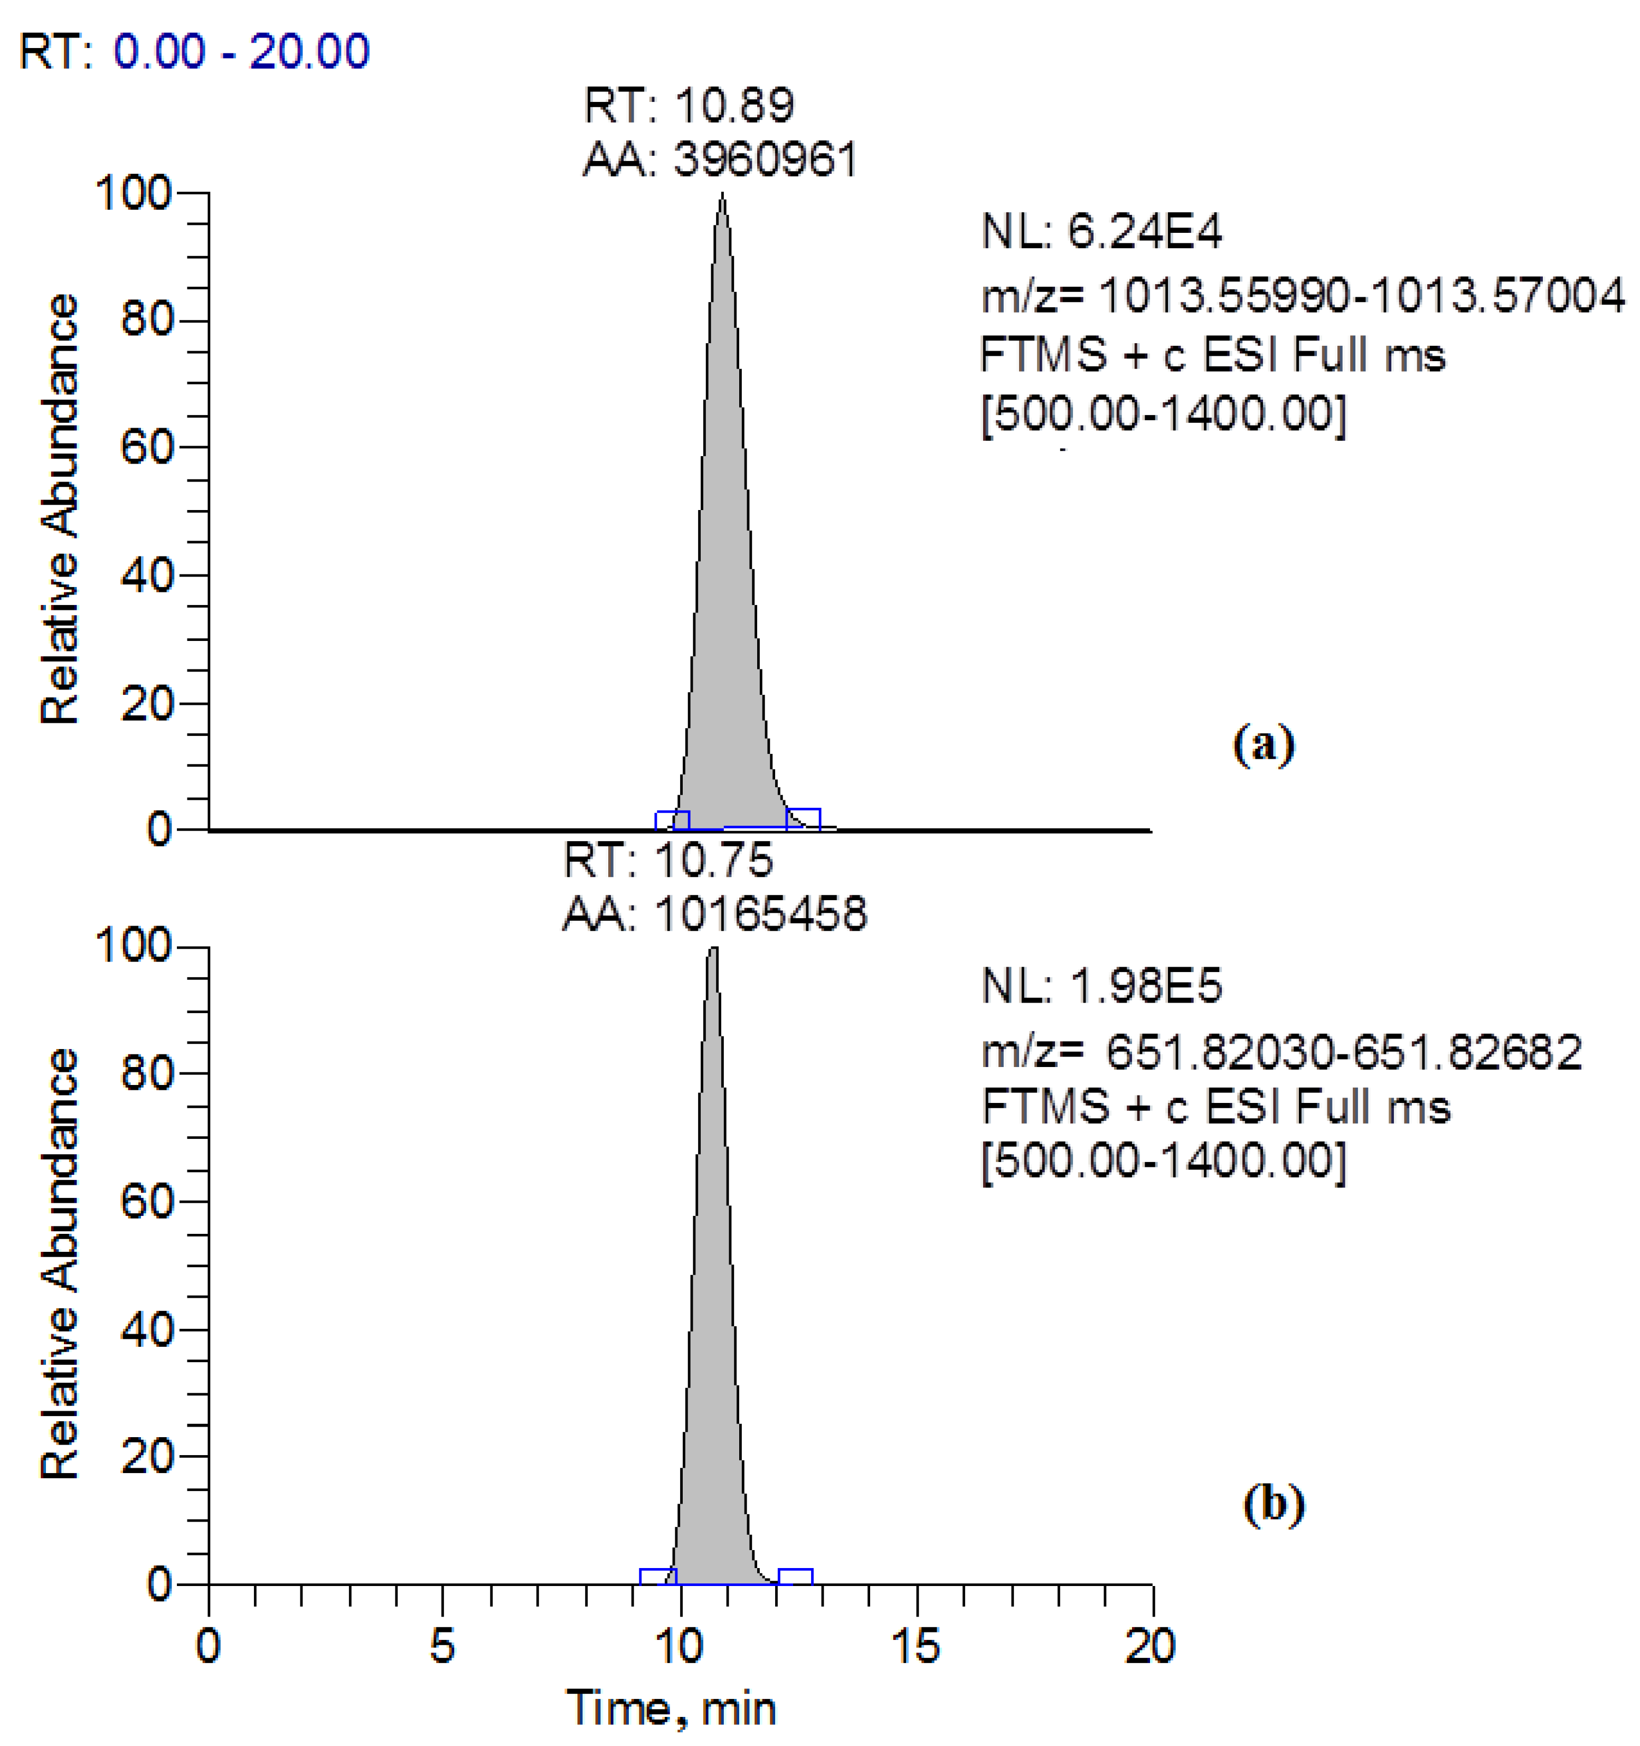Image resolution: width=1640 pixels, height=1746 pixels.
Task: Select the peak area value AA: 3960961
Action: [720, 160]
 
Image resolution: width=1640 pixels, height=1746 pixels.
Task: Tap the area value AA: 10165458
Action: [714, 914]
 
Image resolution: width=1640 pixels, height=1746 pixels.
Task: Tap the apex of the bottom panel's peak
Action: [712, 949]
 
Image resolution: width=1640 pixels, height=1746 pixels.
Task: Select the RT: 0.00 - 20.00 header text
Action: [194, 51]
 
